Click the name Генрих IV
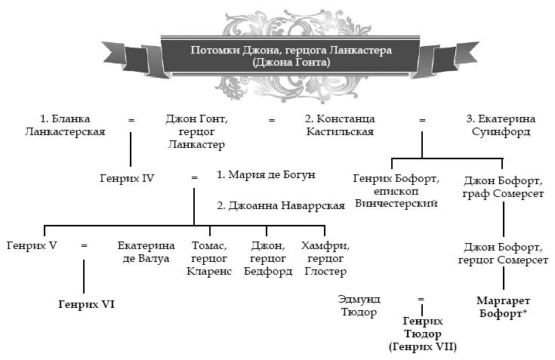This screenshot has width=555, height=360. [127, 178]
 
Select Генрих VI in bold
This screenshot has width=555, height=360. [87, 304]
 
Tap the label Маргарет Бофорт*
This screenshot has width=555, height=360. [503, 307]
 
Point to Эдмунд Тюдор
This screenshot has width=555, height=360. [359, 306]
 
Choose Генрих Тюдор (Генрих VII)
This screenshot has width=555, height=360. [423, 334]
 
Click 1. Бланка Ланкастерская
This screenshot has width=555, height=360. [65, 125]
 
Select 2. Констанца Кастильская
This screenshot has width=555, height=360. [340, 125]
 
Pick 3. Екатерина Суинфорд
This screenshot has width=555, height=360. [501, 125]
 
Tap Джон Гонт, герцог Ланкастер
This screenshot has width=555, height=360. [197, 131]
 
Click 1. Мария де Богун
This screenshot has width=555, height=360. [266, 174]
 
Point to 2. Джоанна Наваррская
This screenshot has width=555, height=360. [281, 205]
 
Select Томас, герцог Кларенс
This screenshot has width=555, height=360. [209, 259]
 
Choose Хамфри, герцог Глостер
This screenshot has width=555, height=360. [325, 259]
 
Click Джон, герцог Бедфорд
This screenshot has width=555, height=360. [268, 259]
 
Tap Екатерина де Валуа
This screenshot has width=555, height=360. [146, 252]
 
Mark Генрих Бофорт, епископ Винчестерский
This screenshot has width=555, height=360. [396, 191]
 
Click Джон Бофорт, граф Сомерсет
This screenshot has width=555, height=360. [503, 187]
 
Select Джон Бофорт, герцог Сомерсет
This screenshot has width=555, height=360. [503, 253]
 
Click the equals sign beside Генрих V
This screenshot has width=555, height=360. [84, 245]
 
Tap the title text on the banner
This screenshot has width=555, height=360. [291, 56]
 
